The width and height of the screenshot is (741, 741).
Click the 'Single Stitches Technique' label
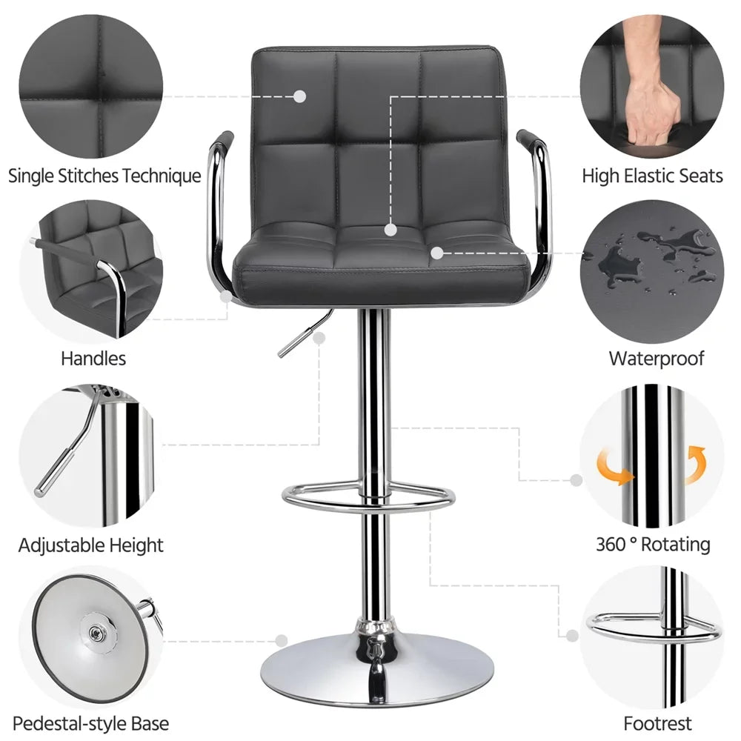coord(104,176)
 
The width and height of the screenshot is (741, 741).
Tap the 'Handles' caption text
coord(93,359)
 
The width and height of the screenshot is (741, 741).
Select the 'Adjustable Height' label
coord(90,546)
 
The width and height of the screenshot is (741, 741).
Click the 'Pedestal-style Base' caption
coord(90,723)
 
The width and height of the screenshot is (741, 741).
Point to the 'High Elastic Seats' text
coord(651,176)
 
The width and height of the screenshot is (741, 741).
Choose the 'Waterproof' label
coord(656,359)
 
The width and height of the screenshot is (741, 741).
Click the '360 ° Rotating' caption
coord(653,545)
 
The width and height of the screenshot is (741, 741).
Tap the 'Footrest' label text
coord(657,723)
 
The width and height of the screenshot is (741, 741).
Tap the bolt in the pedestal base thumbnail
coord(96,632)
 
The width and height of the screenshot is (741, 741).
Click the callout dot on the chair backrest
coord(299,96)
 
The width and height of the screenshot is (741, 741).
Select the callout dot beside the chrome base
coord(282,640)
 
